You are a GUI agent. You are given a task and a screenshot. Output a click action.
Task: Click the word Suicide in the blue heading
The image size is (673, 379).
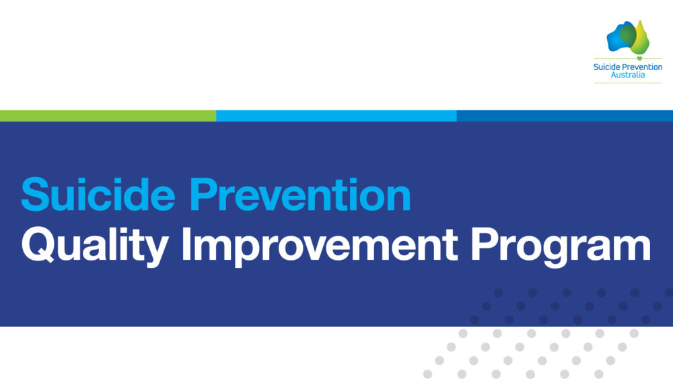click(x=98, y=195)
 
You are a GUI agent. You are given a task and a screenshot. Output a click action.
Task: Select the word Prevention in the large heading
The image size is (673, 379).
click(x=300, y=195)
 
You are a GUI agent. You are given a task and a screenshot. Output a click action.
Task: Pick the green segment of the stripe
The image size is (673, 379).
click(x=108, y=116)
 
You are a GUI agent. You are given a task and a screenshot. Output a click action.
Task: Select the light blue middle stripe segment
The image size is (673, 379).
click(x=336, y=116)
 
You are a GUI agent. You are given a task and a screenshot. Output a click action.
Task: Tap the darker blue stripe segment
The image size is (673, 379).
click(x=565, y=116)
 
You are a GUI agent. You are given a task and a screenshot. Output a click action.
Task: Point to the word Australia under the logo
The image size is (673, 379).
click(x=628, y=75)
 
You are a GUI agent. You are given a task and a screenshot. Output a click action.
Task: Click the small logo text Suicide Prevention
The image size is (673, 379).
click(x=628, y=67)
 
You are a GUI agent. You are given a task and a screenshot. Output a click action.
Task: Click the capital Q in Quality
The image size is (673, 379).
click(x=37, y=244)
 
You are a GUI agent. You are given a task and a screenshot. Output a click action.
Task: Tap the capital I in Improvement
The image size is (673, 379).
click(x=186, y=244)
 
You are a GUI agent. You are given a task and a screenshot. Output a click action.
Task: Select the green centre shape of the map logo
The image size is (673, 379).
click(x=629, y=35)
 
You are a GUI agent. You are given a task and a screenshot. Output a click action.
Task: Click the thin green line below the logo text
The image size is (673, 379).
click(x=628, y=83)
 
